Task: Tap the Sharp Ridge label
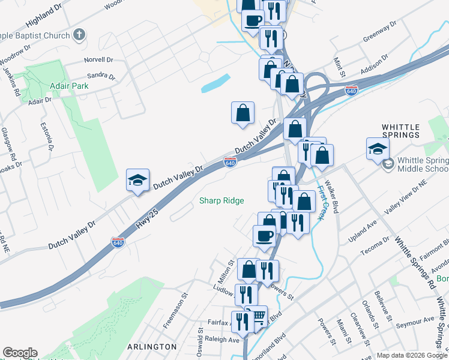tap(221, 200)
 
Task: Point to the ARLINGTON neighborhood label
tap(152, 346)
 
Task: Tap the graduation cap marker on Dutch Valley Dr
tap(137, 181)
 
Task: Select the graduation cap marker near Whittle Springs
tap(378, 149)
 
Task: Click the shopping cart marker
tap(258, 316)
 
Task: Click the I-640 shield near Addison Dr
tap(352, 91)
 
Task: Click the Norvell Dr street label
tap(99, 60)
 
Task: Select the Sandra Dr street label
tap(101, 76)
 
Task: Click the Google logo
tap(20, 353)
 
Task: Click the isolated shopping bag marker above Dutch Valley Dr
tap(243, 112)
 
